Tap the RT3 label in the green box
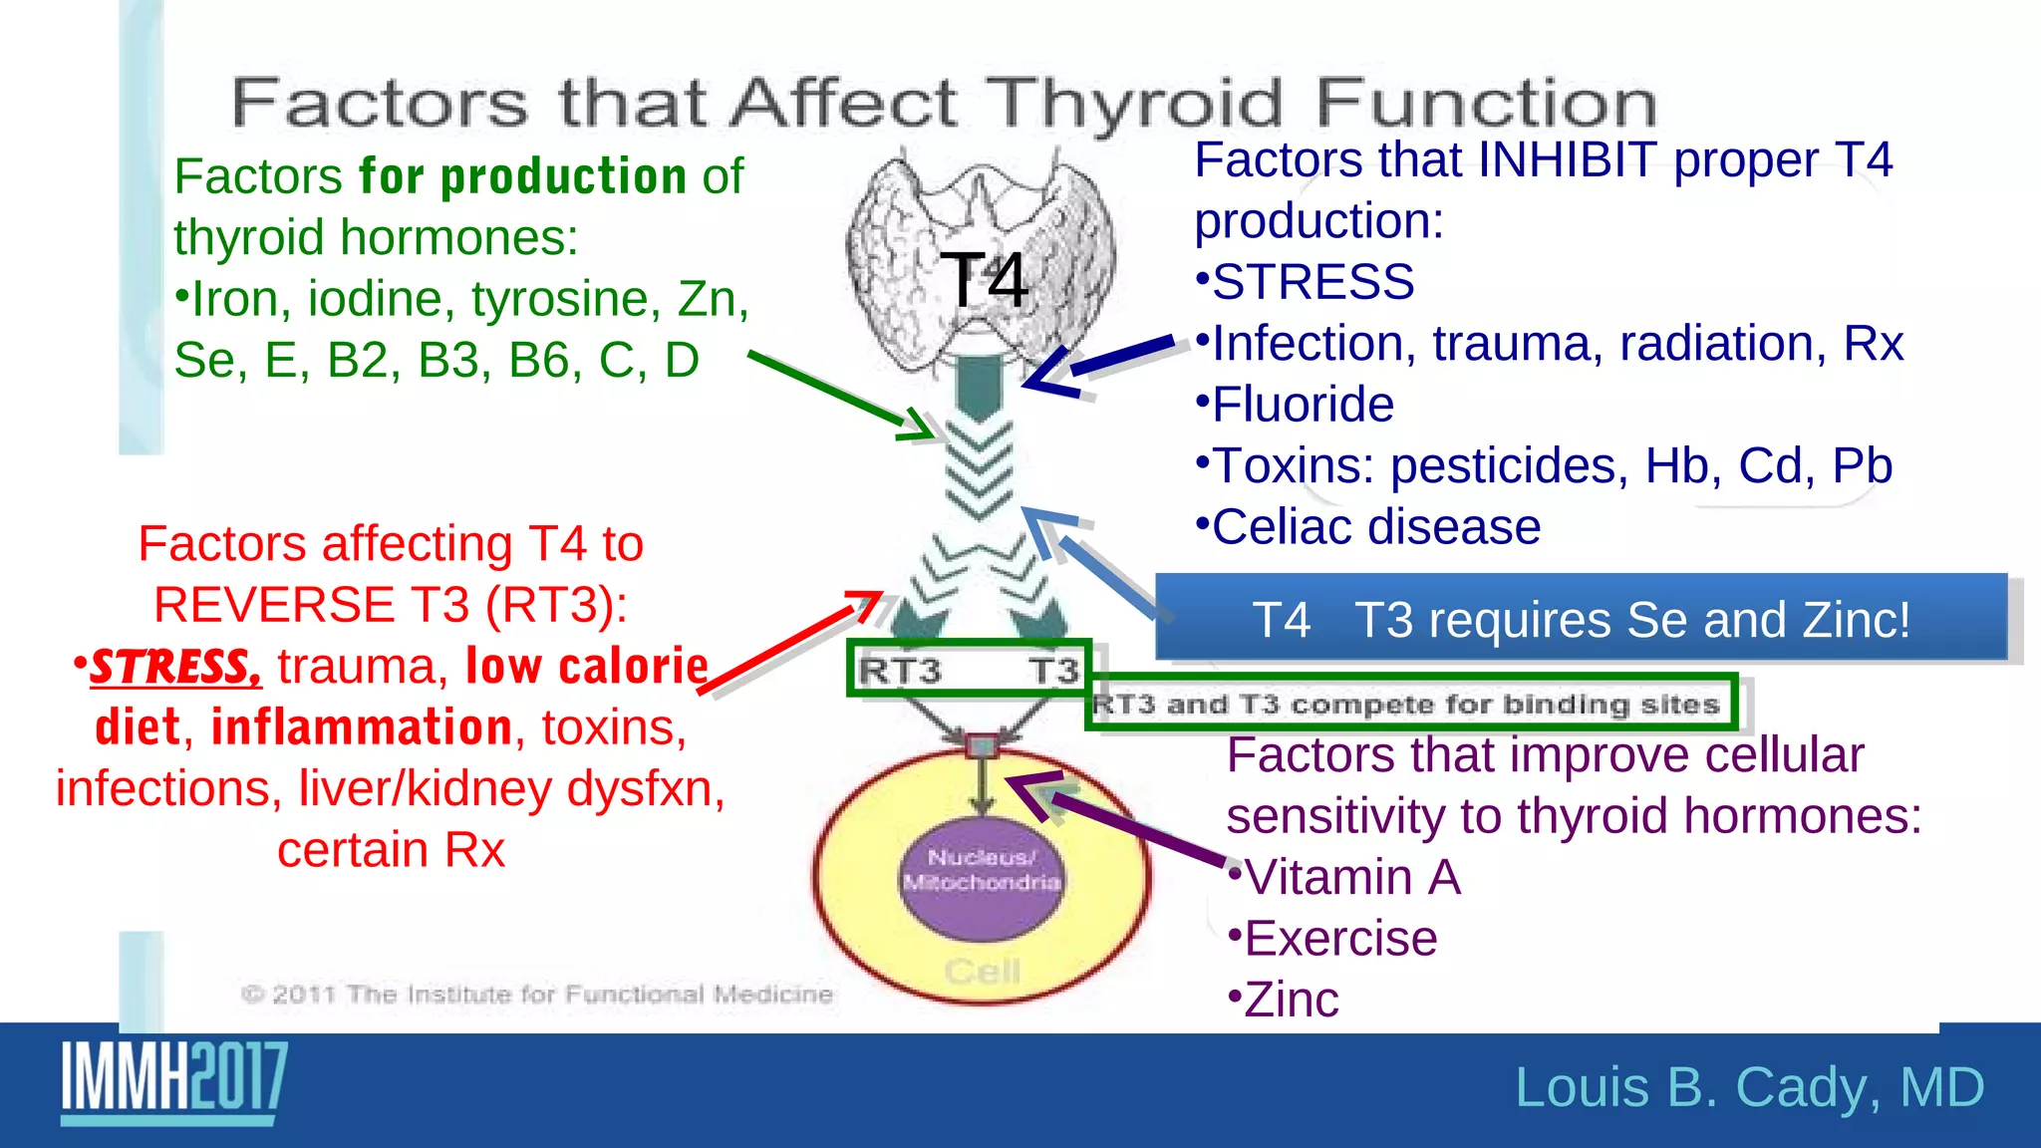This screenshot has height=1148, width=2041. [899, 671]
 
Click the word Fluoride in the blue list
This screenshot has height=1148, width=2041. [1302, 405]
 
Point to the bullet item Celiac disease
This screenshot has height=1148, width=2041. [1375, 526]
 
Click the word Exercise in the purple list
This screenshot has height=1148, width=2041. [1340, 939]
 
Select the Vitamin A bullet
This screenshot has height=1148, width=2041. [1351, 878]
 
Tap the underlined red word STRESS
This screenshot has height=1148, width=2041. [175, 667]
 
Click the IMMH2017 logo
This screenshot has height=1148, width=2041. [174, 1081]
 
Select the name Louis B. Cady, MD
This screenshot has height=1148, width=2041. [1749, 1087]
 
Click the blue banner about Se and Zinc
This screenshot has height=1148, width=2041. [1581, 619]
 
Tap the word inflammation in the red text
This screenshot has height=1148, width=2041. [362, 727]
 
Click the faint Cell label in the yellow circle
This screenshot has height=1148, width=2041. [982, 971]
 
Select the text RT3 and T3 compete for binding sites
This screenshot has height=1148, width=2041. [1406, 705]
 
